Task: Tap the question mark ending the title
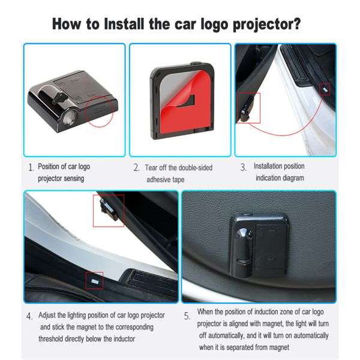pyautogui.click(x=296, y=25)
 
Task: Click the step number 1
pyautogui.click(x=31, y=168)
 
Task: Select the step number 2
pyautogui.click(x=137, y=168)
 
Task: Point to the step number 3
pyautogui.click(x=244, y=168)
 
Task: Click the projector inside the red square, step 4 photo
pyautogui.click(x=108, y=209)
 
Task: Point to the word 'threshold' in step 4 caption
pyautogui.click(x=53, y=338)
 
